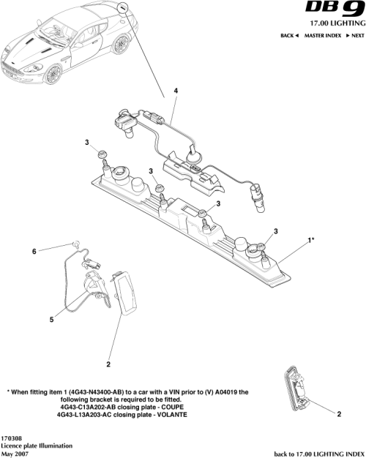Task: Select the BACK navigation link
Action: pyautogui.click(x=290, y=35)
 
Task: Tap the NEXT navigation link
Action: pyautogui.click(x=355, y=35)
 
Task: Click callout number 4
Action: pyautogui.click(x=176, y=91)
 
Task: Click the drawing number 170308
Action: pyautogui.click(x=12, y=438)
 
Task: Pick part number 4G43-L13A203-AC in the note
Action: pyautogui.click(x=90, y=415)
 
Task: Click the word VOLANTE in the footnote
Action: pyautogui.click(x=170, y=415)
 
